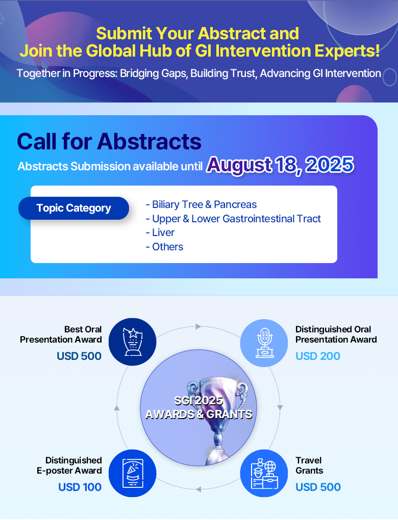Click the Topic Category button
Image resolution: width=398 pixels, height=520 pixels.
coord(73,209)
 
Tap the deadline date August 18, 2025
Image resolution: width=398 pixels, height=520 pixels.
coord(280,165)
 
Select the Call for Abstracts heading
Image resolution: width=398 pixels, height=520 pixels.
coord(109,142)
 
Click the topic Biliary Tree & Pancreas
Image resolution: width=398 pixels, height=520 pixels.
coord(201,204)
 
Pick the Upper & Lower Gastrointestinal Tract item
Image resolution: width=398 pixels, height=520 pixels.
coord(233,219)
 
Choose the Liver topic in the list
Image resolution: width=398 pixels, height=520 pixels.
coord(160,233)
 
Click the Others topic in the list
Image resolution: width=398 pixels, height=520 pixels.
coord(164,247)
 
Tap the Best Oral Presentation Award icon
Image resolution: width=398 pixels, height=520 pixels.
coord(133,342)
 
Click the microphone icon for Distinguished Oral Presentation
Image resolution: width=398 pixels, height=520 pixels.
coord(264,343)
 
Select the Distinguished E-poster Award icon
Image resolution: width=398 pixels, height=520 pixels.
coord(133,473)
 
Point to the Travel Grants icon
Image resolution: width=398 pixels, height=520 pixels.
coord(264,473)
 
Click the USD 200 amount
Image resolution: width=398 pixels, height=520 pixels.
coord(318,356)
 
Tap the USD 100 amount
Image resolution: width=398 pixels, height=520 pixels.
coord(80,487)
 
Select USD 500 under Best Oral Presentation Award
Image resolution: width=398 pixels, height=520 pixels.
coord(79,356)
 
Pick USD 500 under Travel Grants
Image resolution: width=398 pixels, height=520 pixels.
coord(318,487)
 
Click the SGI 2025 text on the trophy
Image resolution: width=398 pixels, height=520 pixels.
coord(198,401)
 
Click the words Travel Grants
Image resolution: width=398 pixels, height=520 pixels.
coord(309,465)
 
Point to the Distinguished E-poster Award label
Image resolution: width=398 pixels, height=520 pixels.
coord(69,465)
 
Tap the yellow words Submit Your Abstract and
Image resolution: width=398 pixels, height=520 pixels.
coord(197,34)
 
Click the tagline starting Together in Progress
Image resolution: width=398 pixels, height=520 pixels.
coord(199,73)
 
